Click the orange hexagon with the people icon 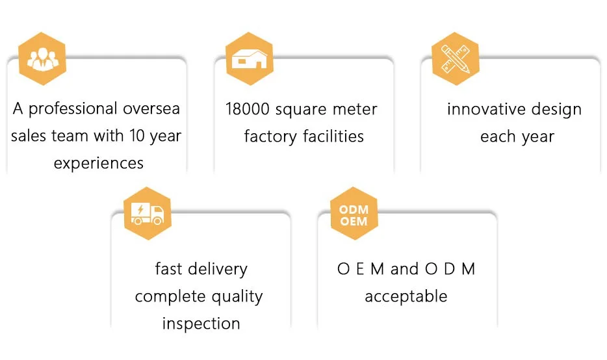click(42, 58)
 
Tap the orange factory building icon click(248, 58)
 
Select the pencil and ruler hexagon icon click(455, 58)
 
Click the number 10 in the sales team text click(139, 136)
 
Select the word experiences click(98, 162)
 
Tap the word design click(557, 109)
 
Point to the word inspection click(201, 323)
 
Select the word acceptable click(406, 297)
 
